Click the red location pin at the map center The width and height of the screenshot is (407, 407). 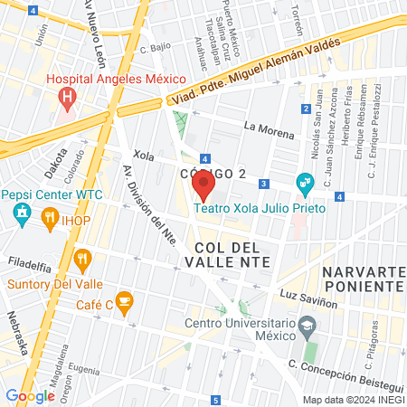pyautogui.click(x=203, y=187)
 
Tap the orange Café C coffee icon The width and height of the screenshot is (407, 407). pyautogui.click(x=125, y=298)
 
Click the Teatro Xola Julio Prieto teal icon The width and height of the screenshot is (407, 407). pyautogui.click(x=304, y=183)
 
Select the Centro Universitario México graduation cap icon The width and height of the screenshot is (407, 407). pyautogui.click(x=308, y=324)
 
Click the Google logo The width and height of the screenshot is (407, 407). pyautogui.click(x=30, y=395)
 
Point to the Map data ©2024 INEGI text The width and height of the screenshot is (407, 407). pyautogui.click(x=354, y=400)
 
